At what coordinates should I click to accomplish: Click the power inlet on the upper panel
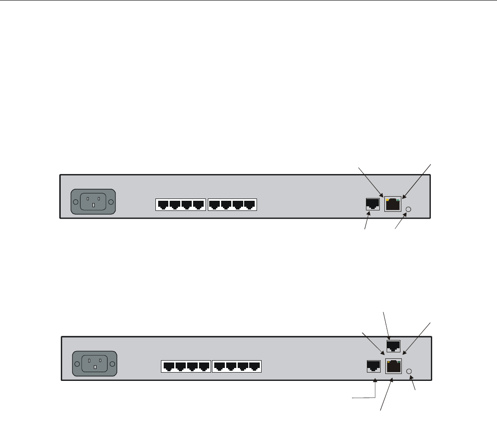(x=93, y=203)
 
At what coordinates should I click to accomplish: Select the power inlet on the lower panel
(x=95, y=364)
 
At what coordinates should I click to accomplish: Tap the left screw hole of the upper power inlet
(x=75, y=203)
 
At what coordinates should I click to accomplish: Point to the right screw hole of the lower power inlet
(x=112, y=364)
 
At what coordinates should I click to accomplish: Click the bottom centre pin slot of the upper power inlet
(x=93, y=206)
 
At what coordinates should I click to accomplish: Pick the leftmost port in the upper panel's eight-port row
(x=163, y=205)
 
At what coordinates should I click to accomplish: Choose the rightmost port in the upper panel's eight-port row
(x=250, y=205)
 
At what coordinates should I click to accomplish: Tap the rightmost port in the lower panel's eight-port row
(x=254, y=367)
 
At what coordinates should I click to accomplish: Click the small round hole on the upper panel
(x=409, y=210)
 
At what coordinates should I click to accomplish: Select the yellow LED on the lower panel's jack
(x=389, y=362)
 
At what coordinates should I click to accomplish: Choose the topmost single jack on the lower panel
(x=394, y=345)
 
